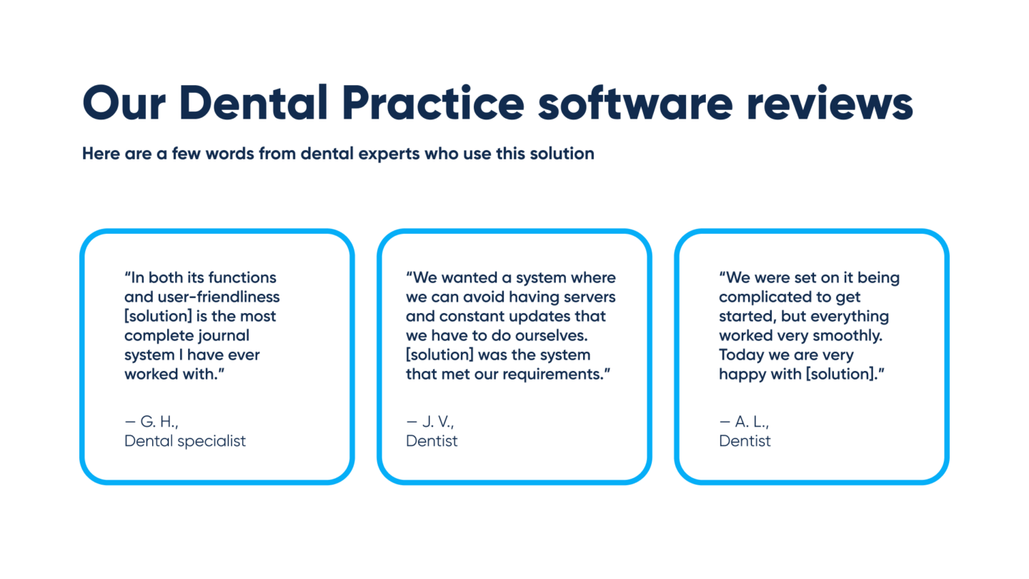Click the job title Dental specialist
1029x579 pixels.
[x=185, y=441]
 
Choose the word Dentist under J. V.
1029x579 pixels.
[x=432, y=441]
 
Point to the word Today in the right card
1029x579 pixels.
[x=741, y=355]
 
